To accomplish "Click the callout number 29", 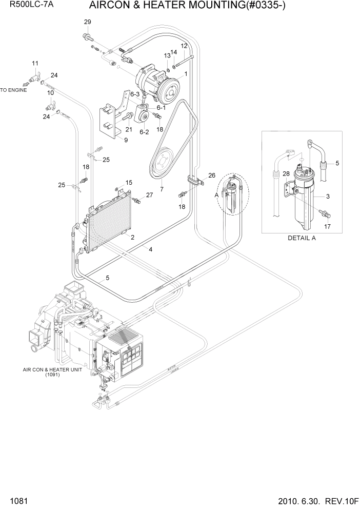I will (x=87, y=22).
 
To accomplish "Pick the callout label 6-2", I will (x=144, y=131).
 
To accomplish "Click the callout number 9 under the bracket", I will (x=126, y=140).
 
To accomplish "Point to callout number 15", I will (x=129, y=182).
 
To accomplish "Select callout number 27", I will (x=150, y=195).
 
